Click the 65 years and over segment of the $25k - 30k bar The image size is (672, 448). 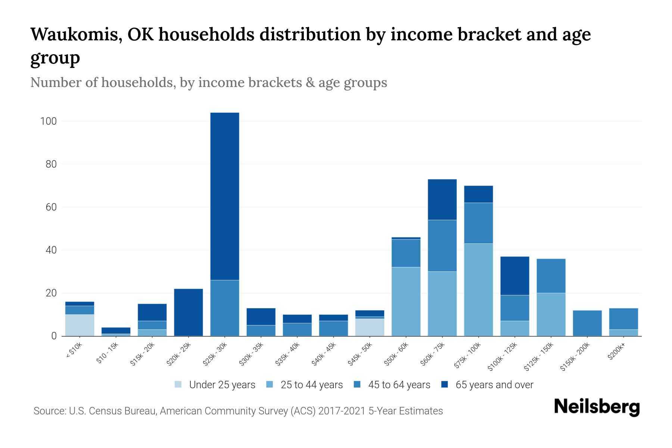(x=224, y=196)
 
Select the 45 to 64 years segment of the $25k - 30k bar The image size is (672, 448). (x=224, y=308)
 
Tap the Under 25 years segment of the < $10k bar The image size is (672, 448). (x=80, y=325)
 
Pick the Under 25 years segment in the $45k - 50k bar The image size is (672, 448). (x=370, y=327)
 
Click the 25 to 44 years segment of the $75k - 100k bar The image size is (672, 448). (x=478, y=290)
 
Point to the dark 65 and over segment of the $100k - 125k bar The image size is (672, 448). (x=514, y=276)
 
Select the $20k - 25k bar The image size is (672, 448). (x=189, y=312)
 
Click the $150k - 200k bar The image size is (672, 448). (x=587, y=323)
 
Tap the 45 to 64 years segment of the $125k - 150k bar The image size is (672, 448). (x=551, y=276)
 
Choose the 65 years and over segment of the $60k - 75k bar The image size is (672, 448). (x=442, y=200)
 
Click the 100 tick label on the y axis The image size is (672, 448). (x=49, y=121)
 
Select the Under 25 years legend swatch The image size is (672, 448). (x=178, y=385)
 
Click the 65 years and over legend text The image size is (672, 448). (x=494, y=385)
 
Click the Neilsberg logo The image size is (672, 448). (x=597, y=407)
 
